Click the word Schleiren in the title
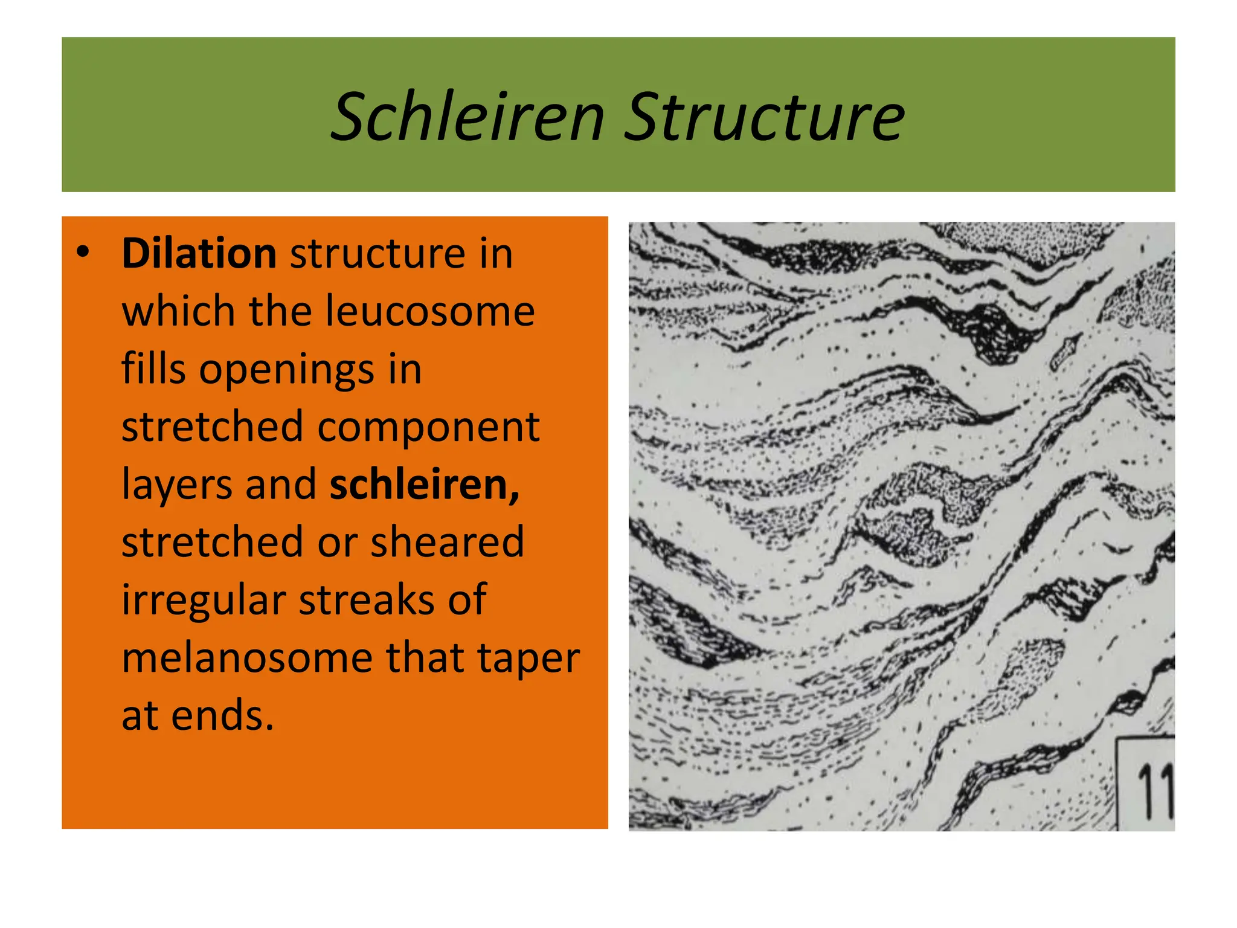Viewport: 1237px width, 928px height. [468, 117]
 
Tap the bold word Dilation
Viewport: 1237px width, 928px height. [199, 253]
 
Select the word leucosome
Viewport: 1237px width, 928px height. [430, 312]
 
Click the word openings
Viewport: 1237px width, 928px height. [286, 369]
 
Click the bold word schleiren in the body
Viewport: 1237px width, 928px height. [424, 485]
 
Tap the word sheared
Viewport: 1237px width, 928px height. [447, 542]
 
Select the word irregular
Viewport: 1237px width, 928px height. [204, 600]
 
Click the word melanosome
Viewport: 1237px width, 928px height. [247, 657]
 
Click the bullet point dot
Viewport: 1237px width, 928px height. [83, 253]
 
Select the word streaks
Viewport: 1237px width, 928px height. [366, 600]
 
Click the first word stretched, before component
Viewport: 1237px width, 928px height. [212, 427]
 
